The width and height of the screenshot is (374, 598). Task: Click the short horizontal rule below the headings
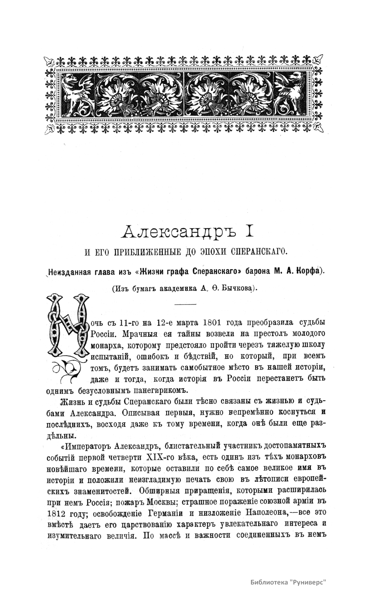click(x=185, y=304)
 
